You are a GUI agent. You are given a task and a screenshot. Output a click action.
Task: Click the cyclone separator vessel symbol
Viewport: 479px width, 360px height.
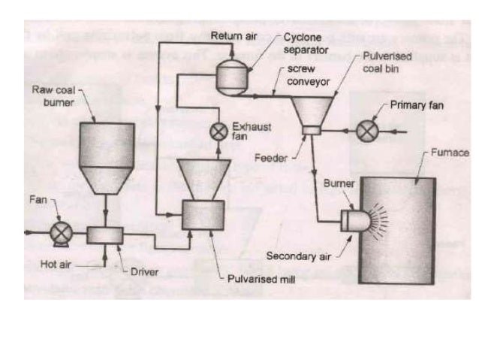click(230, 76)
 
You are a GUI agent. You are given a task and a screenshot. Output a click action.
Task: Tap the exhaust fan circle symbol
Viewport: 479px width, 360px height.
click(219, 131)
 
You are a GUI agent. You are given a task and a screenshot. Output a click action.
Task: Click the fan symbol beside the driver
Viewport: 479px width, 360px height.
click(59, 233)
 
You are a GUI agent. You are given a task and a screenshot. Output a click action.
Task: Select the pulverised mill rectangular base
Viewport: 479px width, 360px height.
click(203, 214)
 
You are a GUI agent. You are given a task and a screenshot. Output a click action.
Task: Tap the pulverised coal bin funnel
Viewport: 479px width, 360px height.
click(311, 109)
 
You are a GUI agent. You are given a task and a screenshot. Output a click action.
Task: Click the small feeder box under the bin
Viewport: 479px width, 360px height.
click(311, 132)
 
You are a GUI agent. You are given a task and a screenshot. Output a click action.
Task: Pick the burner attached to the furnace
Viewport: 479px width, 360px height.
click(351, 220)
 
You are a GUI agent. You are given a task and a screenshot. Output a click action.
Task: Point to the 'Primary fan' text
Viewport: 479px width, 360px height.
click(417, 105)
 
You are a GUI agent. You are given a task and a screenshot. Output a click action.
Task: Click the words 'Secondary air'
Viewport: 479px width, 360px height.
click(299, 256)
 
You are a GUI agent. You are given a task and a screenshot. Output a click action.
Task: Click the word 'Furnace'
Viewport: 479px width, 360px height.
click(450, 153)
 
